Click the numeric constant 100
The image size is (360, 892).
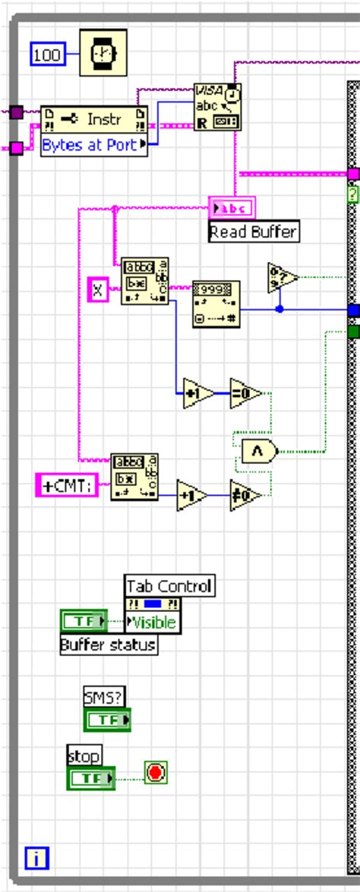pyautogui.click(x=47, y=55)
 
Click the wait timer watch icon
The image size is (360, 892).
pyautogui.click(x=103, y=52)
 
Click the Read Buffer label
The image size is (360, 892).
pyautogui.click(x=254, y=232)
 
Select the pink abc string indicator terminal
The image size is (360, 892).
pyautogui.click(x=232, y=207)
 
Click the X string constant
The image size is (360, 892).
pyautogui.click(x=98, y=289)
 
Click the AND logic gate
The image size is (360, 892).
pyautogui.click(x=257, y=451)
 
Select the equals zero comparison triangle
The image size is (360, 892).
pyautogui.click(x=245, y=393)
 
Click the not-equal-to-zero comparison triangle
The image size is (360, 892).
pyautogui.click(x=245, y=496)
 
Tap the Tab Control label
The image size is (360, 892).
pyautogui.click(x=169, y=586)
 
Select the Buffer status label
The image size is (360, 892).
pyautogui.click(x=109, y=645)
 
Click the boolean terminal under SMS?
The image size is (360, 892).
pyautogui.click(x=106, y=719)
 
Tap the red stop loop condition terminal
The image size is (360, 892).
pyautogui.click(x=156, y=774)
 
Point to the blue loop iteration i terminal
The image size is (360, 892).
pyautogui.click(x=36, y=859)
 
